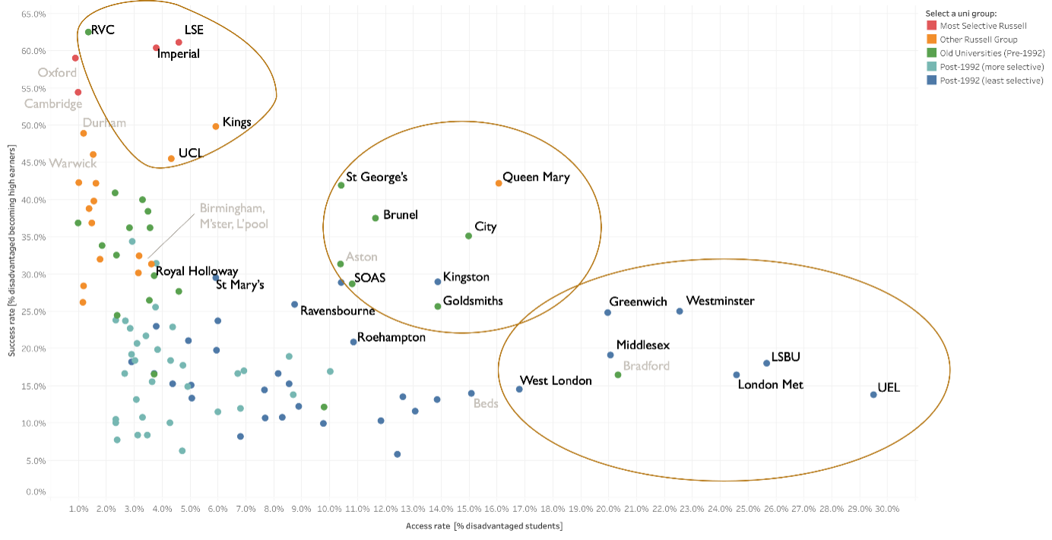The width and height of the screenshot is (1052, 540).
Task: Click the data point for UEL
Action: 873,394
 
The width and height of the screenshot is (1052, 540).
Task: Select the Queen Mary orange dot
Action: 499,183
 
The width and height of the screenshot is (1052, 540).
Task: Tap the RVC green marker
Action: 88,32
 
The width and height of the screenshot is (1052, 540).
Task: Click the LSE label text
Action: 194,30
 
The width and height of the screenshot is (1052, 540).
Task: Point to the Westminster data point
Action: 680,311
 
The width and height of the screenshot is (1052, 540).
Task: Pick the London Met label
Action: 771,384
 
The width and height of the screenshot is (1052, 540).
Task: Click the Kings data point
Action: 216,126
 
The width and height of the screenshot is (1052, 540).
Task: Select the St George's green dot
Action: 341,185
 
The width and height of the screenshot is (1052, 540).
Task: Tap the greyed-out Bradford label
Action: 646,366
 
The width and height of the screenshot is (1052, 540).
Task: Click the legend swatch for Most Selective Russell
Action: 930,26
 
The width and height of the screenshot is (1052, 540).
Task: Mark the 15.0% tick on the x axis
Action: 468,509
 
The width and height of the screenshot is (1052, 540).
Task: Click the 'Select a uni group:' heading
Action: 961,13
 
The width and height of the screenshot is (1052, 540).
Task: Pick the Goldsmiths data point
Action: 438,306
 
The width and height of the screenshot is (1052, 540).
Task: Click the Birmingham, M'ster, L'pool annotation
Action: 233,216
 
